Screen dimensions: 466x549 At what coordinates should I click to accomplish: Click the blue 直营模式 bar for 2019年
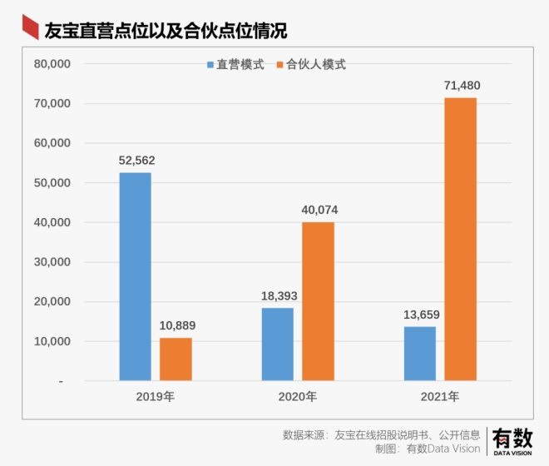coord(135,276)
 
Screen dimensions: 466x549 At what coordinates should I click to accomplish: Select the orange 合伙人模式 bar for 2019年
coord(176,359)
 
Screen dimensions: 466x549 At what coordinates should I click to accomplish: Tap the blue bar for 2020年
coord(277,344)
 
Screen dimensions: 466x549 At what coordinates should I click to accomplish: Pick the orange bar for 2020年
coord(318,301)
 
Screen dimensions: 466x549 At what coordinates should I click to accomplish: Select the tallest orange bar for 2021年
coord(460,239)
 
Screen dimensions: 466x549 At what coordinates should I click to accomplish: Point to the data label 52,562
coord(135,161)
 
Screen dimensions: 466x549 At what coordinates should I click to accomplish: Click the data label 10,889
coord(176,325)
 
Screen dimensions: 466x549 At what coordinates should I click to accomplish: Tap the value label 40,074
coord(318,210)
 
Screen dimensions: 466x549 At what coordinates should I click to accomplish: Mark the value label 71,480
coord(460,85)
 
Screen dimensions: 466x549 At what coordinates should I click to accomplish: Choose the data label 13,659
coord(419,315)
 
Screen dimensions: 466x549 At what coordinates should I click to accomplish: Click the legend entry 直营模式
coord(235,65)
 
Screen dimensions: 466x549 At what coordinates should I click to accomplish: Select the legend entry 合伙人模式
coord(309,65)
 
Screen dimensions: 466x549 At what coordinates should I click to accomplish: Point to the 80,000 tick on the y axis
coord(52,64)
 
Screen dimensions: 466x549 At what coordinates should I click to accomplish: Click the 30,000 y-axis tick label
coord(52,262)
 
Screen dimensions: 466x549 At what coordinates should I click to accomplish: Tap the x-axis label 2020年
coord(297,396)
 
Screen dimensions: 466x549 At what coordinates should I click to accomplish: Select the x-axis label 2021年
coord(439,396)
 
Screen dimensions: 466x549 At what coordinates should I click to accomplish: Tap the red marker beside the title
coord(30,30)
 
